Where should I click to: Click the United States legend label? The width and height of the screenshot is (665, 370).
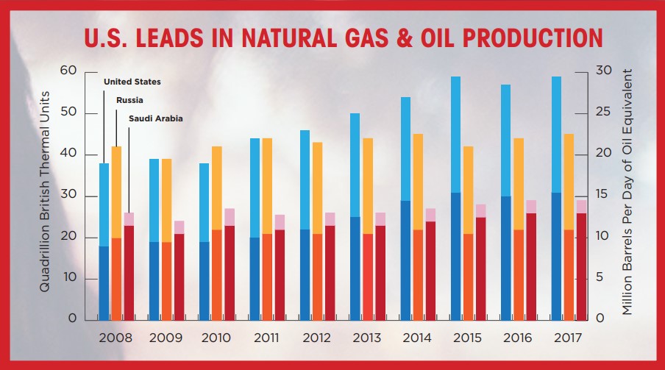(x=132, y=82)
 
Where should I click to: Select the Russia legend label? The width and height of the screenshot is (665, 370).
(x=129, y=99)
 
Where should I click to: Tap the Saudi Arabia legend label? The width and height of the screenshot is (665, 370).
(x=156, y=118)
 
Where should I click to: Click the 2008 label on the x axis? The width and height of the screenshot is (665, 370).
(x=115, y=338)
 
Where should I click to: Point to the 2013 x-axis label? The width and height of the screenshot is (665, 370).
(x=368, y=338)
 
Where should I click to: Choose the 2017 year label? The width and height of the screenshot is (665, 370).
(x=568, y=338)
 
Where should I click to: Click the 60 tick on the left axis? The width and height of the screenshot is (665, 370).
(x=69, y=71)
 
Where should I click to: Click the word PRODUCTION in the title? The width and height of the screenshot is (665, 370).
(x=519, y=38)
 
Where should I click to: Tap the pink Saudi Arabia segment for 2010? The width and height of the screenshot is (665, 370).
(x=230, y=217)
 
